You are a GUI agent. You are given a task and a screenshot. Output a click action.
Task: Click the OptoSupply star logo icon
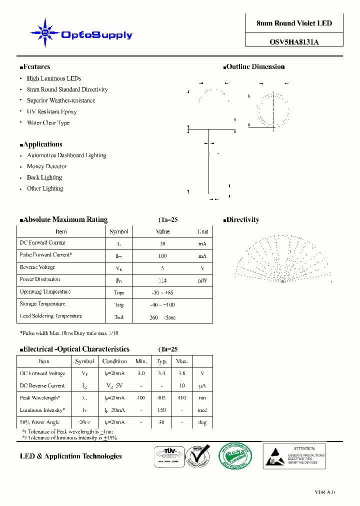pos(45,33)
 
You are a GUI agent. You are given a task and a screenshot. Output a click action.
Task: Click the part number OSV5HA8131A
pos(294,42)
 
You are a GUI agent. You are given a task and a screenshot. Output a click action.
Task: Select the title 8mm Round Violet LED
pos(294,23)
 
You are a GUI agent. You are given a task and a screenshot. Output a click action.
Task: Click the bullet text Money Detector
pos(46,166)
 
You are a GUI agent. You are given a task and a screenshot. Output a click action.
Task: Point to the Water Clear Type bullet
pos(48,123)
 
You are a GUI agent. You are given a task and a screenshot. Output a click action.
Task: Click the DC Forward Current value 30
pos(162,243)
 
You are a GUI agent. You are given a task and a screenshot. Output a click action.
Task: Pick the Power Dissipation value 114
pos(162,280)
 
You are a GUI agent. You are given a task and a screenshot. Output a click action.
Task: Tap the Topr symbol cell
pos(119,293)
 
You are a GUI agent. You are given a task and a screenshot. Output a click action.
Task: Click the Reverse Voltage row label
pos(37,268)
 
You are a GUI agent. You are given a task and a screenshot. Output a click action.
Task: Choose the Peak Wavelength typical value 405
pos(161,398)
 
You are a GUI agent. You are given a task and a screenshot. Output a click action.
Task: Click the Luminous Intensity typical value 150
pos(161,410)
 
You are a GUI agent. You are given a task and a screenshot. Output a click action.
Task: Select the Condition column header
pos(114,361)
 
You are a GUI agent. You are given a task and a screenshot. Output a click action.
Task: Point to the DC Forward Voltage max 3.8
pos(181,373)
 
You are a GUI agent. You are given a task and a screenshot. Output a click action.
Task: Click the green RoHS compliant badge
pos(235,456)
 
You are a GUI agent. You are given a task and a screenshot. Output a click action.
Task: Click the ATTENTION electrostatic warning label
pos(294,455)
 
